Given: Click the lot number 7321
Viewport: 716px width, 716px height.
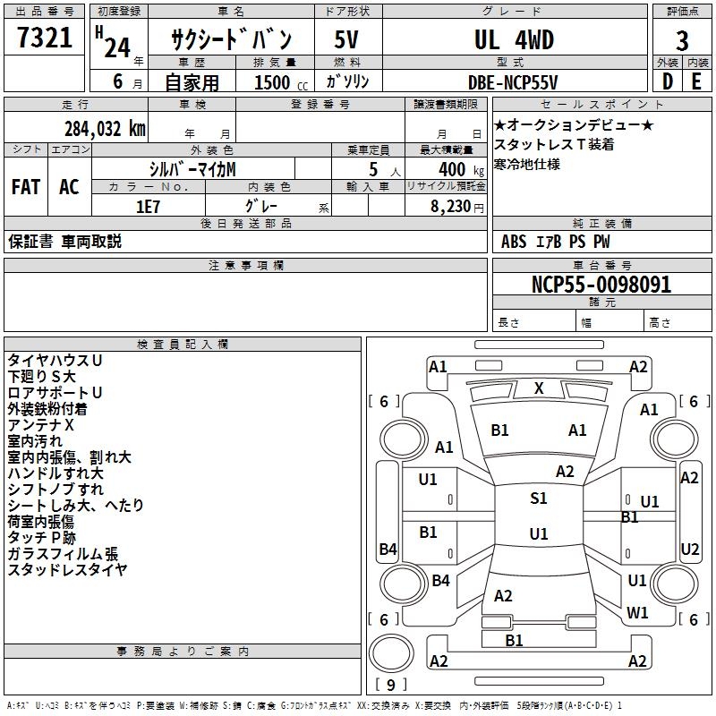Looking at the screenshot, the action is click(45, 38).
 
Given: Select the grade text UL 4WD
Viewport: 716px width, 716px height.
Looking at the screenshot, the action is click(514, 40).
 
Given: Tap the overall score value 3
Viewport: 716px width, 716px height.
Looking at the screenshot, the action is click(682, 41).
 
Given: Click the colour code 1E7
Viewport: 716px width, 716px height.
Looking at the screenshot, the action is click(147, 205).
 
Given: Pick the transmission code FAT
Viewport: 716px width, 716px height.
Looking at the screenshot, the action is click(26, 187).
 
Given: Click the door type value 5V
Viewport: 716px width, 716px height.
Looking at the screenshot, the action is click(347, 40).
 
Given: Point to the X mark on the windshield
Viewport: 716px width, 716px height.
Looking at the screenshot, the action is click(539, 388).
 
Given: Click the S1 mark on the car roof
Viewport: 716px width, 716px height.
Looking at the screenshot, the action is click(538, 499).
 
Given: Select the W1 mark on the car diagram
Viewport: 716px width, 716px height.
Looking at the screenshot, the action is click(637, 613).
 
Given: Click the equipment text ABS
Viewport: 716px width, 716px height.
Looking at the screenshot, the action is click(514, 242).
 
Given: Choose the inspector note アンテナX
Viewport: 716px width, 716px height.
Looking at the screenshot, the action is click(41, 425).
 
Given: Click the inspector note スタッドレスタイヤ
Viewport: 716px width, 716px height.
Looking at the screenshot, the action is click(67, 570).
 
